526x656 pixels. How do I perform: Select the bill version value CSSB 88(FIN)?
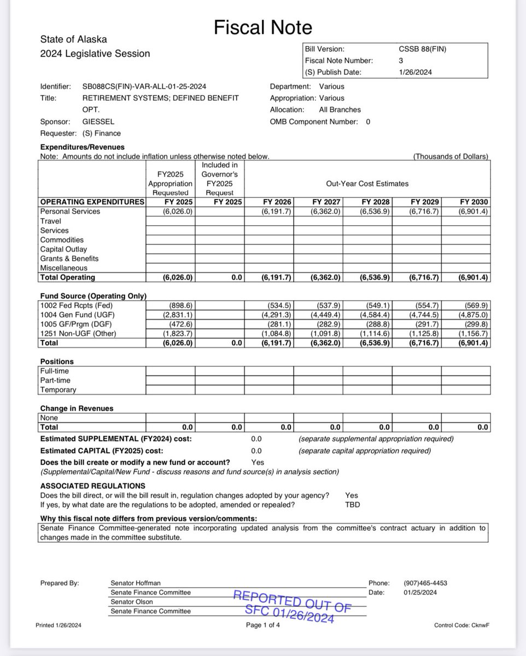click(422, 49)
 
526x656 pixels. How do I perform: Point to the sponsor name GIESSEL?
click(98, 121)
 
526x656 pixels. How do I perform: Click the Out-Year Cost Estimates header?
click(367, 184)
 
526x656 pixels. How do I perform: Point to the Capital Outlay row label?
click(63, 249)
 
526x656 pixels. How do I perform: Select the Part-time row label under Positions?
click(55, 380)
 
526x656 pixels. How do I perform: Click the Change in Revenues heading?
click(77, 408)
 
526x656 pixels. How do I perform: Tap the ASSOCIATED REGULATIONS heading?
click(92, 486)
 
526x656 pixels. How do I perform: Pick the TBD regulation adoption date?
click(353, 505)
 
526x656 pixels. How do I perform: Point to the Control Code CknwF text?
click(461, 625)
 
